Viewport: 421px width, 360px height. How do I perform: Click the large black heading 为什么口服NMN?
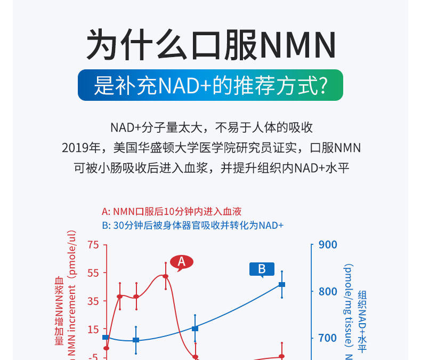click(x=210, y=45)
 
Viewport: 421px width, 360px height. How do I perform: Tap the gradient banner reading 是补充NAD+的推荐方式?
click(x=210, y=85)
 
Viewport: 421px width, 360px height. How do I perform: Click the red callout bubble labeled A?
click(x=181, y=261)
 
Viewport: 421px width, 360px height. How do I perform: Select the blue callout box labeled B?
click(x=262, y=269)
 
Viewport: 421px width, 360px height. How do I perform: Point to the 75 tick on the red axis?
click(x=94, y=245)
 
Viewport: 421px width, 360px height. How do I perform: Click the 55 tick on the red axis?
click(x=94, y=273)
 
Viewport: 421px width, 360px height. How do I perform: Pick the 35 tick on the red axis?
click(x=94, y=301)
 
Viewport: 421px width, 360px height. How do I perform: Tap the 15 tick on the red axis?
click(x=94, y=329)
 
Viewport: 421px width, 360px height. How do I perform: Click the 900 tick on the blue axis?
click(x=328, y=245)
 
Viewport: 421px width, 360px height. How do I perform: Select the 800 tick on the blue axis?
click(x=328, y=291)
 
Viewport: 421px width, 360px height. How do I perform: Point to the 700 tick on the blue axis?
click(x=328, y=338)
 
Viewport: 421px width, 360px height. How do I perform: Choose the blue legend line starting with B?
click(x=192, y=225)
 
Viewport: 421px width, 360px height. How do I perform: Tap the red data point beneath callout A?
click(x=166, y=276)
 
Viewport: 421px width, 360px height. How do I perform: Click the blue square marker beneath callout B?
click(x=282, y=285)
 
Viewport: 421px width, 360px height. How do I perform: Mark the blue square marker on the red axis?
click(x=106, y=338)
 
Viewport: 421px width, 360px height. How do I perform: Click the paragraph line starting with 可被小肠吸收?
click(x=210, y=167)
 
